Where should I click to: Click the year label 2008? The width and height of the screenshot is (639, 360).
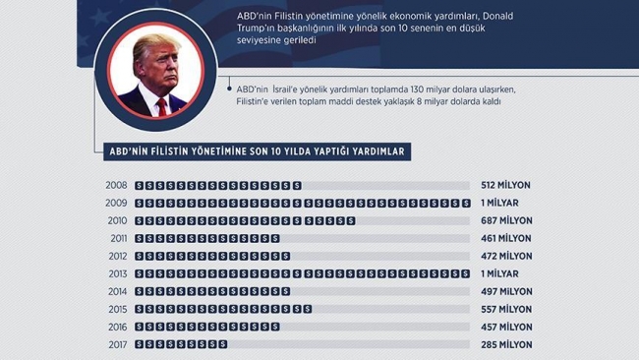tap(116, 185)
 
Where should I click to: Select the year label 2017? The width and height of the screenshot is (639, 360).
tap(116, 344)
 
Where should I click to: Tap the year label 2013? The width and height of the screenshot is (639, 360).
tap(116, 273)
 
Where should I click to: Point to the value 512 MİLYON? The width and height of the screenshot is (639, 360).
tap(506, 185)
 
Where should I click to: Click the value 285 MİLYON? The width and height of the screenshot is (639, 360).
tap(506, 344)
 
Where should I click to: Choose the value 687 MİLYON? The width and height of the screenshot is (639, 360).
tap(506, 220)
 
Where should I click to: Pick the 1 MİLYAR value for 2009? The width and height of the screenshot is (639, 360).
tap(500, 203)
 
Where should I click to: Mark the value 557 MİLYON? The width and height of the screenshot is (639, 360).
tap(506, 309)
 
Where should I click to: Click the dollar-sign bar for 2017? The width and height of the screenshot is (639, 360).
tap(181, 344)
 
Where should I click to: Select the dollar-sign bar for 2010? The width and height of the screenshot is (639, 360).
tap(245, 220)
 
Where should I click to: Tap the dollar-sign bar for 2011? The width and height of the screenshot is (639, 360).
tap(207, 238)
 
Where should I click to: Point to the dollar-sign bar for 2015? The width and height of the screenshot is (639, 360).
tap(223, 309)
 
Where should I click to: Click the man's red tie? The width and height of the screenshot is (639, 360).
tap(160, 105)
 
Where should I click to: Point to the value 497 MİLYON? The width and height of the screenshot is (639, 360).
tap(506, 291)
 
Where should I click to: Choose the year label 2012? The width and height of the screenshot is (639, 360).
tap(116, 256)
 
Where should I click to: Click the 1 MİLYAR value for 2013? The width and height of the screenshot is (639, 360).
tap(500, 273)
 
